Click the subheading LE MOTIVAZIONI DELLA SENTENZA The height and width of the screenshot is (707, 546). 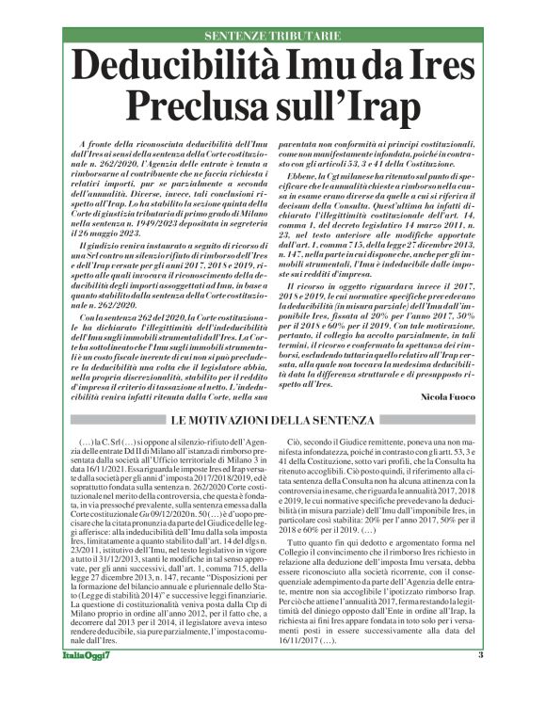[272, 418]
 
